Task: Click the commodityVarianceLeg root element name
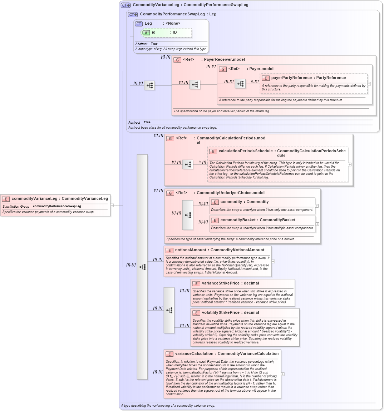pyautogui.click(x=34, y=199)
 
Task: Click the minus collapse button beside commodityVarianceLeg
pyautogui.click(x=112, y=205)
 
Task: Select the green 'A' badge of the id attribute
pyautogui.click(x=146, y=33)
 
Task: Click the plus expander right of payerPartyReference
pyautogui.click(x=369, y=84)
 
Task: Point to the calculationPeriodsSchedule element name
pyautogui.click(x=246, y=151)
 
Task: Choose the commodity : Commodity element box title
pyautogui.click(x=244, y=202)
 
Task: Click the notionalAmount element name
pyautogui.click(x=191, y=250)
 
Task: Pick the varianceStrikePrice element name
pyautogui.click(x=221, y=283)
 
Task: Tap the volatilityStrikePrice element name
pyautogui.click(x=221, y=313)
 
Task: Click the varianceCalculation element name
pyautogui.click(x=195, y=354)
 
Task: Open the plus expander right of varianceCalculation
pyautogui.click(x=283, y=374)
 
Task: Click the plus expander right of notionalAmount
pyautogui.click(x=273, y=261)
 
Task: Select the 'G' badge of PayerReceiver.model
pyautogui.click(x=177, y=60)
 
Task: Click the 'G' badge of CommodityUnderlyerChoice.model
pyautogui.click(x=170, y=193)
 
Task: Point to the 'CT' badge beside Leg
pyautogui.click(x=139, y=24)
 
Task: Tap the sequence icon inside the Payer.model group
pyautogui.click(x=240, y=84)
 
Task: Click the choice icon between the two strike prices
pyautogui.click(x=169, y=310)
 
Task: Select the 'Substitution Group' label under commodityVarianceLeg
pyautogui.click(x=16, y=207)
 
